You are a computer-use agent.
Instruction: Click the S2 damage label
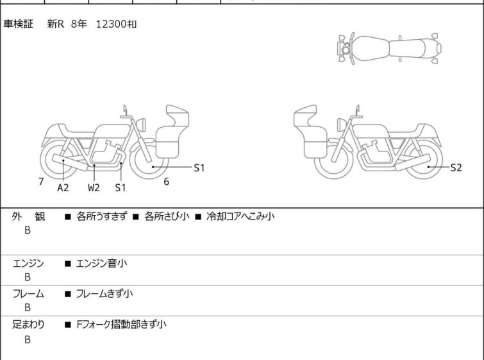click(x=456, y=167)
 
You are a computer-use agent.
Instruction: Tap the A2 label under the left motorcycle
click(x=63, y=188)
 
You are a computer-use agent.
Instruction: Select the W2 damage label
click(x=94, y=188)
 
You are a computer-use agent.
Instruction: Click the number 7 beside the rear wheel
click(x=41, y=182)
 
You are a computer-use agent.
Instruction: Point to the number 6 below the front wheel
click(x=166, y=182)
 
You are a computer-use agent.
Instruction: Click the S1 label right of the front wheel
click(x=199, y=167)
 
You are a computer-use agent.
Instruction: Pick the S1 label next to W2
click(x=121, y=188)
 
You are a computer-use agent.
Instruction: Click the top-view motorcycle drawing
click(x=389, y=47)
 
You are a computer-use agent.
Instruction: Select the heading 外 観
click(x=29, y=217)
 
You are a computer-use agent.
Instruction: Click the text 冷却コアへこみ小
click(x=240, y=217)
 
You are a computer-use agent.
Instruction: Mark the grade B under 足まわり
click(x=28, y=340)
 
